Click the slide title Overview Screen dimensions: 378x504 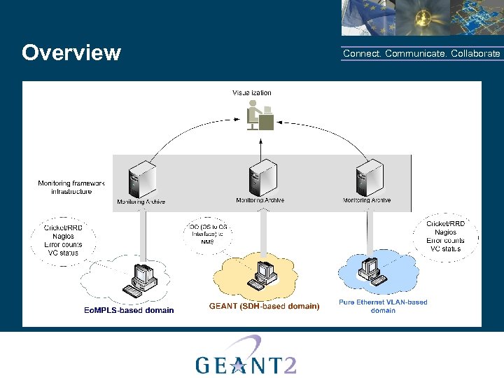pyautogui.click(x=71, y=53)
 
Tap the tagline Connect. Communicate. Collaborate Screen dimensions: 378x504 pyautogui.click(x=421, y=54)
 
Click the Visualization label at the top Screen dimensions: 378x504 pyautogui.click(x=252, y=92)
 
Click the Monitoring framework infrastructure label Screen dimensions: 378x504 pyautogui.click(x=71, y=187)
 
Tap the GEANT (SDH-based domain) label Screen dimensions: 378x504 pyautogui.click(x=264, y=306)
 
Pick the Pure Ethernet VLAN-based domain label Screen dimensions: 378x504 pyautogui.click(x=383, y=306)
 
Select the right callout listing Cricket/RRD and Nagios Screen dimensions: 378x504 pyautogui.click(x=445, y=236)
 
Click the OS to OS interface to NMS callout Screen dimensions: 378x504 pyautogui.click(x=208, y=234)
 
